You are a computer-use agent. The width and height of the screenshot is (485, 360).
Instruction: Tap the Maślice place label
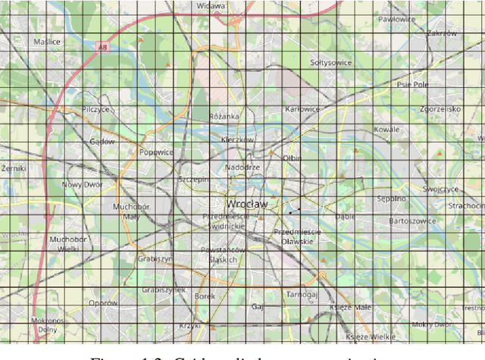point(47,42)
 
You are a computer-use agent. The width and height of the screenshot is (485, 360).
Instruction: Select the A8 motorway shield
point(102,47)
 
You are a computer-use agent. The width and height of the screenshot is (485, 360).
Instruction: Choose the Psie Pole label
point(413,85)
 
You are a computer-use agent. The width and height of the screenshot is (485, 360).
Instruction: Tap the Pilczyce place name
point(96,109)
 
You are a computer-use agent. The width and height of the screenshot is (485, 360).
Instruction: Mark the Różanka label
point(225,117)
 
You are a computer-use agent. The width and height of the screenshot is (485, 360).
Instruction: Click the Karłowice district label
point(302,109)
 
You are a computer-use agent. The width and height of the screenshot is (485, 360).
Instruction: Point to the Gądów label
point(102,141)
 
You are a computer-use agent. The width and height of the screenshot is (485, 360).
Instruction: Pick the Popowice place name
point(156,152)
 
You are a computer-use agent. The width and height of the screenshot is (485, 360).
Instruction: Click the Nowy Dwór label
point(81,184)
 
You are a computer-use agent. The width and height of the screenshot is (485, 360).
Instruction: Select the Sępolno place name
point(391,199)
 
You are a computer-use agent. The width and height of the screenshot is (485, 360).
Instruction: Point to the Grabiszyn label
point(155,258)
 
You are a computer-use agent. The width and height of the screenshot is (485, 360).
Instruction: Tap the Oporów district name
point(102,303)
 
